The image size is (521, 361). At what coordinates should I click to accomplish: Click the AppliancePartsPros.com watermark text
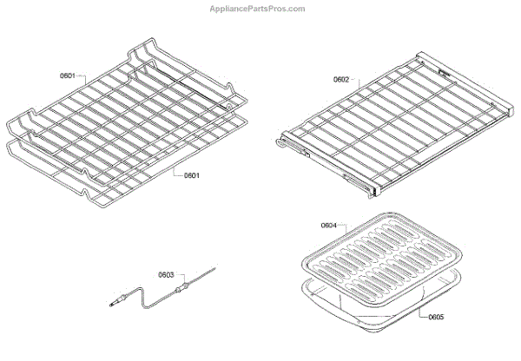click(259, 9)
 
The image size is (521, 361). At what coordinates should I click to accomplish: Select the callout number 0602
click(341, 80)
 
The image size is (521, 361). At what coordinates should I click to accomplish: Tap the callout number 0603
click(166, 275)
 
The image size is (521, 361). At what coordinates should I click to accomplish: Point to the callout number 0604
click(328, 226)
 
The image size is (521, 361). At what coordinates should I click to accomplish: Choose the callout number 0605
click(436, 317)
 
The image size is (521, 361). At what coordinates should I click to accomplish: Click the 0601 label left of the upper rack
click(68, 76)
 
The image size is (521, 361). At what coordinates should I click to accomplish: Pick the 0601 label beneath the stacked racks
click(191, 175)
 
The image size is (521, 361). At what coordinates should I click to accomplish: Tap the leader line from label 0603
click(177, 279)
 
